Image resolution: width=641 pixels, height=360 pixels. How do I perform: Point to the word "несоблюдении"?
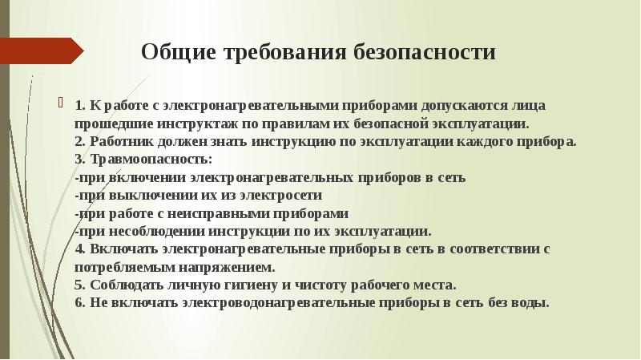pyautogui.click(x=148, y=230)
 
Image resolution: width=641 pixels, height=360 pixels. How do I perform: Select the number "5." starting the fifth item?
pyautogui.click(x=80, y=285)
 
